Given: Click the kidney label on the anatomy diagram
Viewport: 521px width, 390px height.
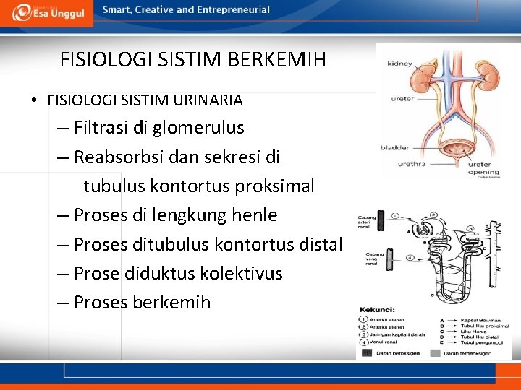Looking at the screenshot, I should click(x=399, y=64).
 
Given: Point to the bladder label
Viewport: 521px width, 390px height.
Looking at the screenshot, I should click(x=395, y=148).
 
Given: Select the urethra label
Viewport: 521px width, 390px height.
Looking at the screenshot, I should click(x=411, y=164).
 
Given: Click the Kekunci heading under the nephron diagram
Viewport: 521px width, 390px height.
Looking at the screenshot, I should click(x=376, y=308).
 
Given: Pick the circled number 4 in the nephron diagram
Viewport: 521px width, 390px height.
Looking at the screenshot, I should click(x=410, y=257).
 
